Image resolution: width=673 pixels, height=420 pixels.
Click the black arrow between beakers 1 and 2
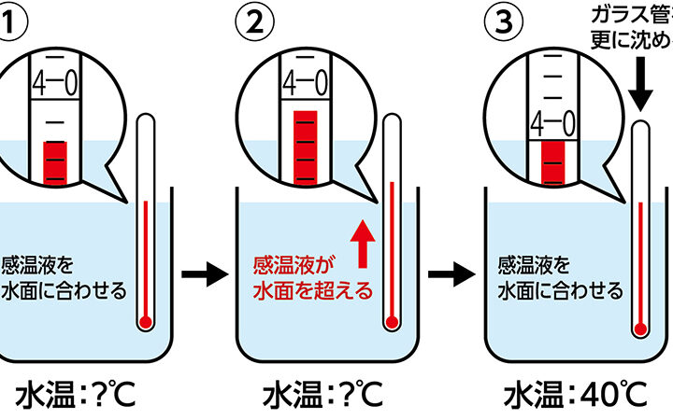pyautogui.click(x=204, y=275)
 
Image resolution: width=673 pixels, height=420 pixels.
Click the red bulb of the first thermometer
pyautogui.click(x=144, y=323)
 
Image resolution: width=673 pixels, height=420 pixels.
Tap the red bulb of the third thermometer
pyautogui.click(x=639, y=328)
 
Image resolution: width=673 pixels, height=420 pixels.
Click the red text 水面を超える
pyautogui.click(x=313, y=289)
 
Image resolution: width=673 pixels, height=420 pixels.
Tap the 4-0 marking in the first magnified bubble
pyautogui.click(x=55, y=86)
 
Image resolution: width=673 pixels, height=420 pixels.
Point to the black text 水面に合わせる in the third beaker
pyautogui.click(x=561, y=289)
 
